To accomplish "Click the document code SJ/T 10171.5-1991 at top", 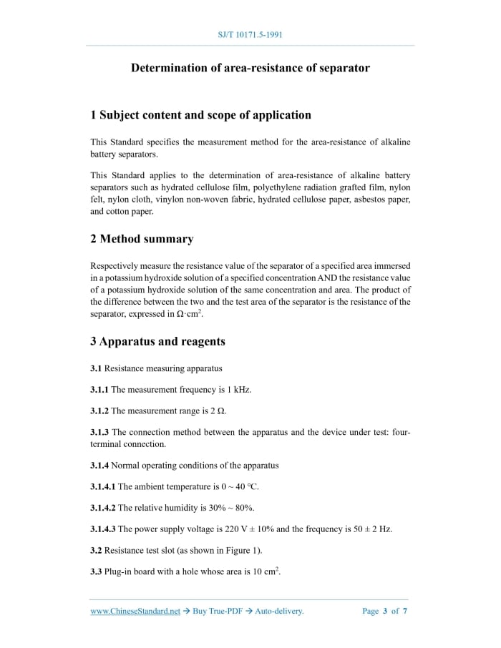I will point(250,34).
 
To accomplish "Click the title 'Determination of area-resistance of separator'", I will point(250,68).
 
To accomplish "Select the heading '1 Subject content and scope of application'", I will point(200,115).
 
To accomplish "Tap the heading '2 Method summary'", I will point(142,239).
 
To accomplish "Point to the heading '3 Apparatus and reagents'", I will point(157,341).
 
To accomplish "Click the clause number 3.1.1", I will point(99,390).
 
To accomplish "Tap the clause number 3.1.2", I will point(99,411).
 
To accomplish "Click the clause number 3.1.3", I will point(99,432).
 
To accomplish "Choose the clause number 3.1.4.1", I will point(103,486).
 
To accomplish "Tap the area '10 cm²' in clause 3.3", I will point(264,571).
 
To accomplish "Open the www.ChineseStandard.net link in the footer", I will point(135,611).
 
